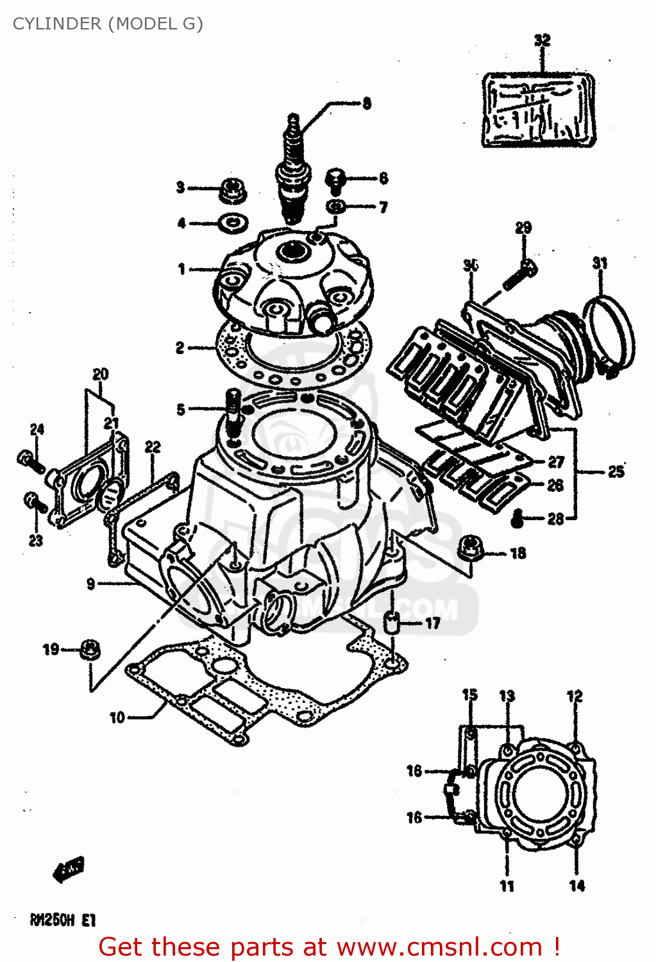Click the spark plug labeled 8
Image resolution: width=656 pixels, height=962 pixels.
pyautogui.click(x=294, y=173)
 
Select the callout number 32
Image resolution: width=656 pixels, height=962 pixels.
pyautogui.click(x=542, y=40)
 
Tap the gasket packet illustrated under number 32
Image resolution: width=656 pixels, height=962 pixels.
pyautogui.click(x=539, y=110)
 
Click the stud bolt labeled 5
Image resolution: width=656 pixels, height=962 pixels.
pyautogui.click(x=233, y=410)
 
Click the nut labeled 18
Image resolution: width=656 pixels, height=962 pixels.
pyautogui.click(x=471, y=548)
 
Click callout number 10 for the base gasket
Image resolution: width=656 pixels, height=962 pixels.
pyautogui.click(x=117, y=717)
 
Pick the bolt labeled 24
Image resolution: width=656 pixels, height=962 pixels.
pyautogui.click(x=29, y=460)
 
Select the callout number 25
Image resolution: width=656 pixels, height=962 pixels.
pyautogui.click(x=616, y=472)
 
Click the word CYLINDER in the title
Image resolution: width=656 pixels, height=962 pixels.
pyautogui.click(x=57, y=24)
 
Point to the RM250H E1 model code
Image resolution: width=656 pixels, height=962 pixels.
pyautogui.click(x=62, y=920)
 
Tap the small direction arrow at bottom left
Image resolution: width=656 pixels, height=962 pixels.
pyautogui.click(x=69, y=870)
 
